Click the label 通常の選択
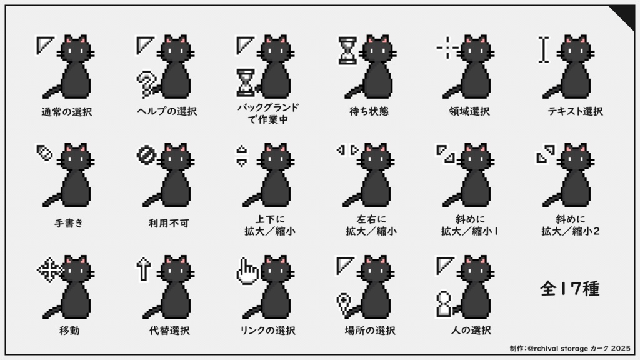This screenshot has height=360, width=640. click(x=66, y=112)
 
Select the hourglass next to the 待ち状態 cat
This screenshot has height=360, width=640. click(x=347, y=51)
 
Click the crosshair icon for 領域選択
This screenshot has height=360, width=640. click(x=447, y=47)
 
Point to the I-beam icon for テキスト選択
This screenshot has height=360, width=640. click(x=544, y=51)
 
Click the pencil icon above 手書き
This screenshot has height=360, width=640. click(x=43, y=153)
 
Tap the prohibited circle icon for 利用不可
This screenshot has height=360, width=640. click(x=143, y=154)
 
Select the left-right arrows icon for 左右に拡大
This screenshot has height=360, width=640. click(x=347, y=150)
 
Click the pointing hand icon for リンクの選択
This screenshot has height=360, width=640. click(x=247, y=272)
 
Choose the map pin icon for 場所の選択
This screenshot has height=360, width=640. click(x=343, y=305)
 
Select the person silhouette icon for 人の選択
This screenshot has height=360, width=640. click(x=444, y=304)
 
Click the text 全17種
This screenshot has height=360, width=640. click(x=569, y=289)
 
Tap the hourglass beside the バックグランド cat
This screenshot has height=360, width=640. click(x=246, y=84)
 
